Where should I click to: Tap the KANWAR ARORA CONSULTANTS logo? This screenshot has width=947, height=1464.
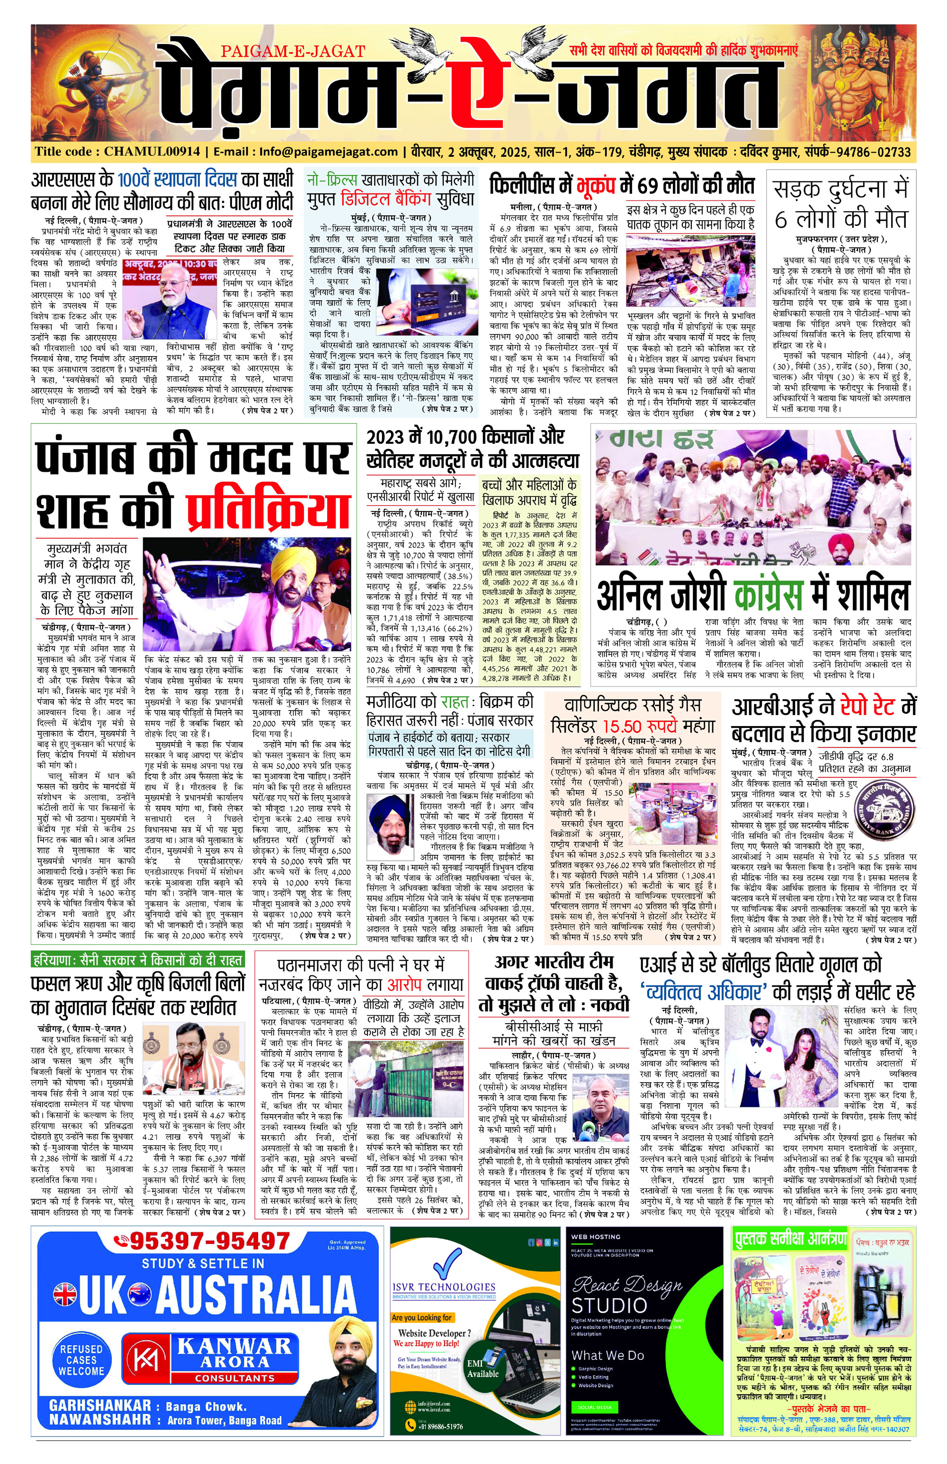pos(206,1359)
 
